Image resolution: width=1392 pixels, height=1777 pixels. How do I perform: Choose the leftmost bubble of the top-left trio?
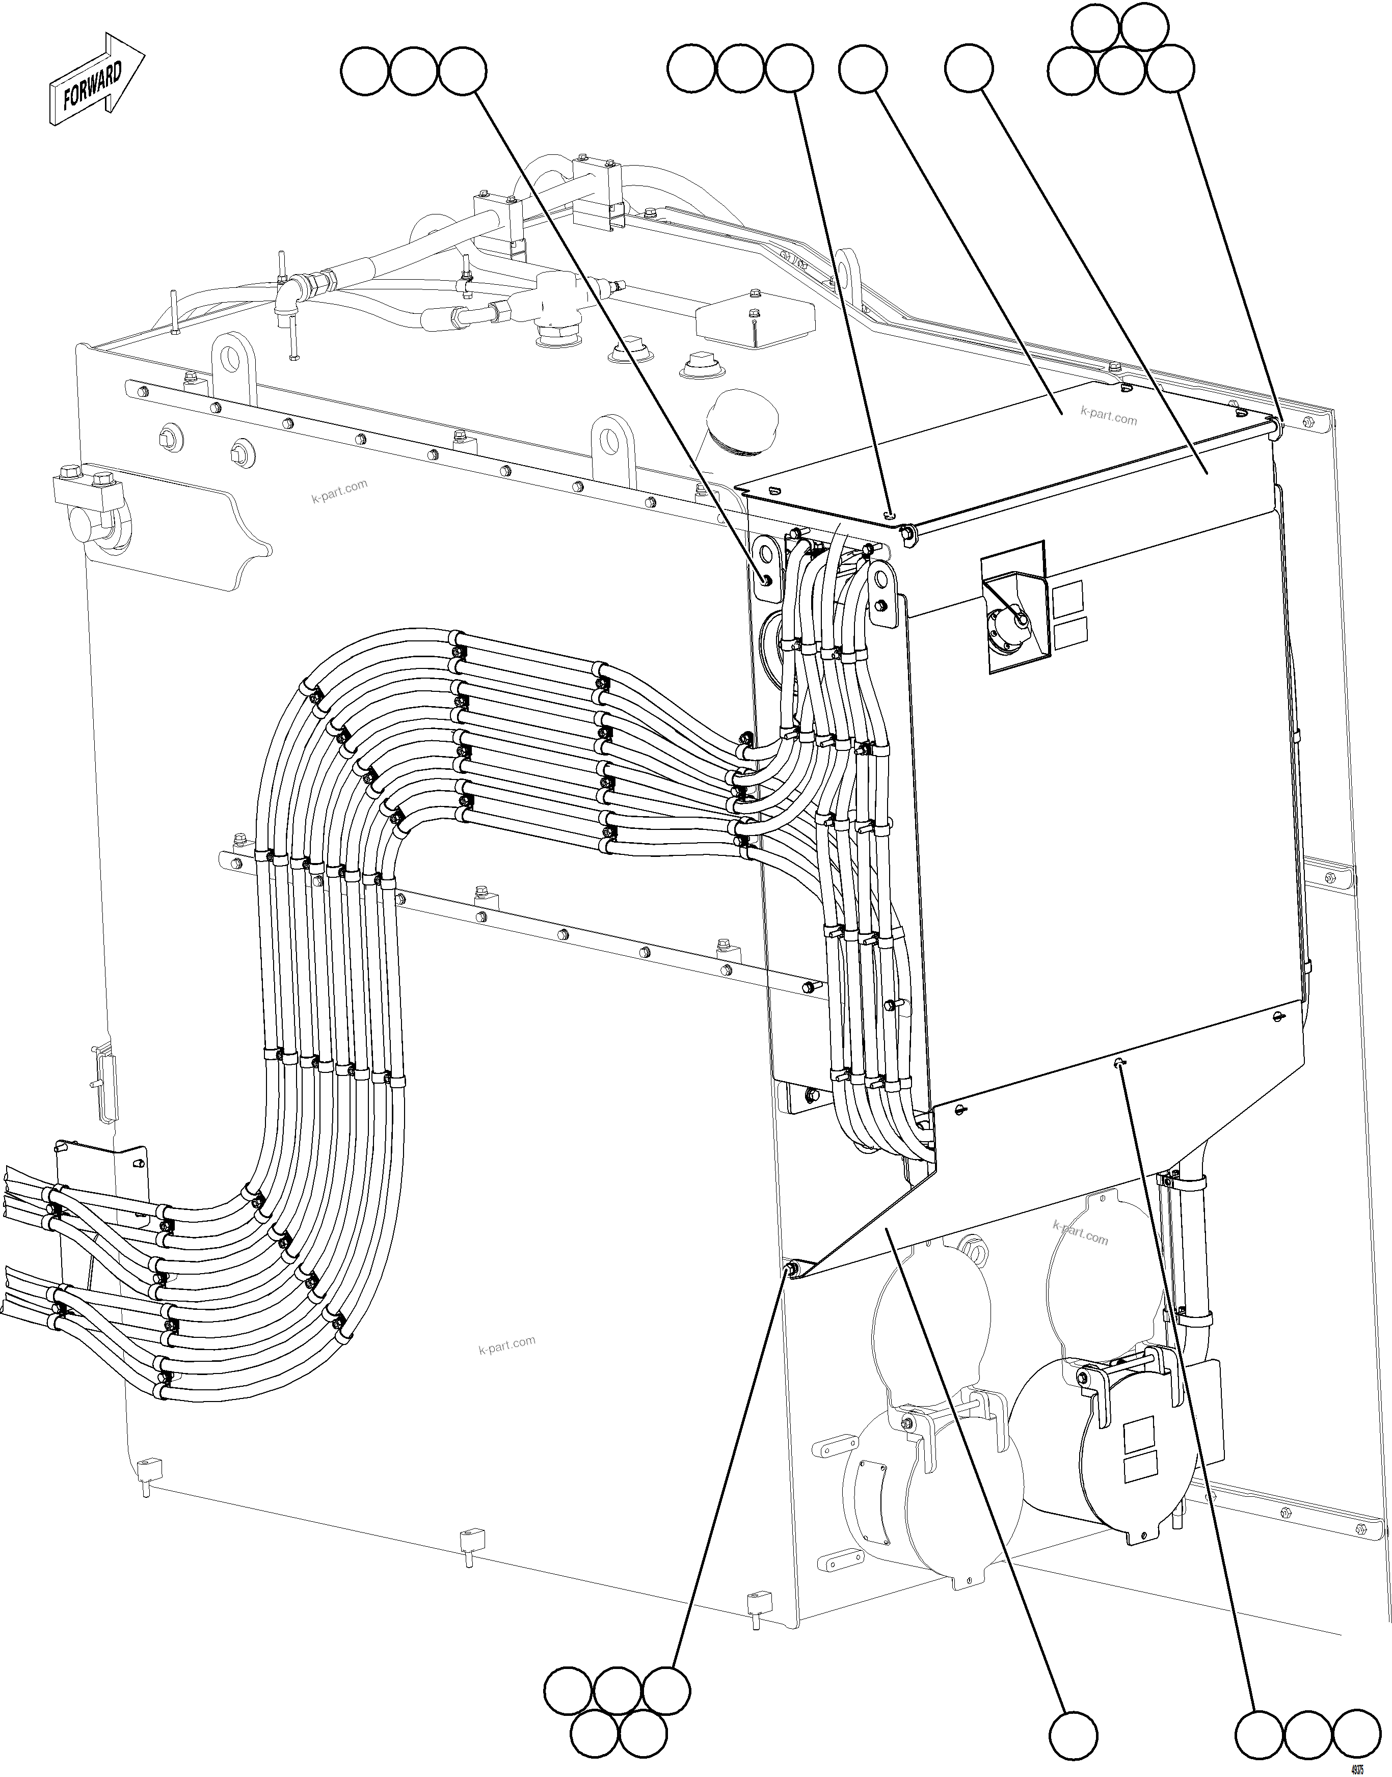364,71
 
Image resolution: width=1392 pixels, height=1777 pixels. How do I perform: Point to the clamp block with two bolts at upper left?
87,491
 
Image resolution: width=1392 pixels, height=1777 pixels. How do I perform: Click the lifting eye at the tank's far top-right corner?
848,269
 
